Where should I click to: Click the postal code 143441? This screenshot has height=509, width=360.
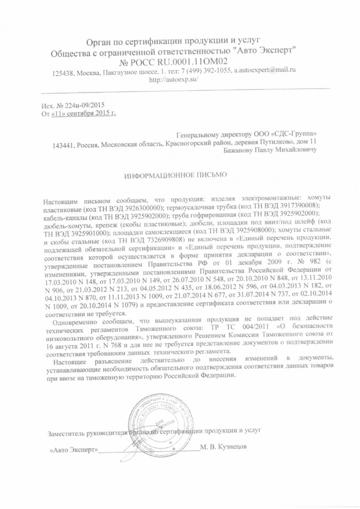[61, 145]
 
